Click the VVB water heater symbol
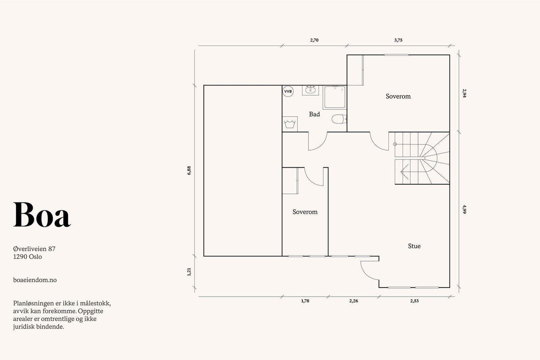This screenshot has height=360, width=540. tap(288, 91)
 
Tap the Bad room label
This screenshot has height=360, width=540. tap(314, 114)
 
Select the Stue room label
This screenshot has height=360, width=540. tap(414, 246)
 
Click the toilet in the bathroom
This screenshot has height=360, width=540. tap(339, 119)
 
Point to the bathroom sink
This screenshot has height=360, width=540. tap(310, 90)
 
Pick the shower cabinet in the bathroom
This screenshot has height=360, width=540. tap(335, 98)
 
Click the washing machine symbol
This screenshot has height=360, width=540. tap(290, 124)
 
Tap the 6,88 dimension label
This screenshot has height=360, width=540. tap(189, 170)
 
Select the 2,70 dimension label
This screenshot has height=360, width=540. tap(314, 40)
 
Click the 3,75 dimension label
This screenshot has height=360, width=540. tap(398, 40)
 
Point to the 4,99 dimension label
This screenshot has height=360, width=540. tap(464, 209)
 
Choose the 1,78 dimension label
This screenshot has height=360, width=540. tap(305, 301)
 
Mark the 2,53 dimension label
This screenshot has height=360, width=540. tap(414, 301)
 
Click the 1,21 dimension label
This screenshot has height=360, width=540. tap(189, 272)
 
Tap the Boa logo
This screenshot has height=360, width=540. tap(42, 215)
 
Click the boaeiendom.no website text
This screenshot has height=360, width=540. tap(35, 280)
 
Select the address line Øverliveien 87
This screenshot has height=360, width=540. tap(34, 249)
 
